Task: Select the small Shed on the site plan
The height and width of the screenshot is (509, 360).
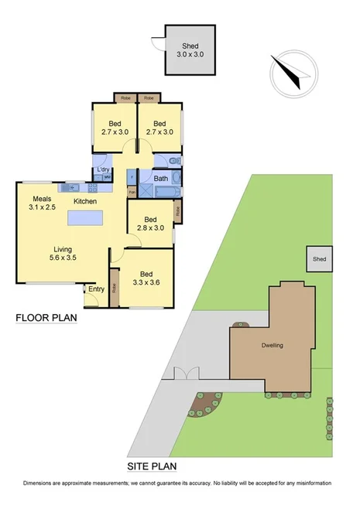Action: point(318,259)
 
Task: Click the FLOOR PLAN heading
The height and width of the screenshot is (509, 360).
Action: point(46,318)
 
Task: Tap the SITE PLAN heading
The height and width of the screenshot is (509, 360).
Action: point(153,466)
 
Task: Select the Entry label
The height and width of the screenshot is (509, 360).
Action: point(96,289)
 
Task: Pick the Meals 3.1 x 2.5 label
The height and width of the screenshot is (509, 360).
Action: point(43,202)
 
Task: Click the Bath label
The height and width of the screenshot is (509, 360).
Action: point(160,179)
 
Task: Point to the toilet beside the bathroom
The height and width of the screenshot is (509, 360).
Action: point(175,161)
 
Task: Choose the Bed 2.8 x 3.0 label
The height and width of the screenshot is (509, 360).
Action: point(150,224)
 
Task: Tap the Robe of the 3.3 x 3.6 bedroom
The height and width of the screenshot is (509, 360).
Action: point(114,284)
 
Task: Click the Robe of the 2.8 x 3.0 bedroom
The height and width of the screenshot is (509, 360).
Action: point(177,210)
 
